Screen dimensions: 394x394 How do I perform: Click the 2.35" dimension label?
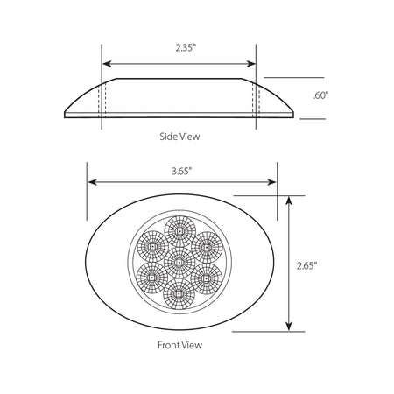[x=185, y=48]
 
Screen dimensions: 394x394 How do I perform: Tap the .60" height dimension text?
[x=320, y=95]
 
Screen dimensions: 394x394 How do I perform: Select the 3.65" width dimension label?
[x=181, y=171]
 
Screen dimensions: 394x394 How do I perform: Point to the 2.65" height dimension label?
[x=307, y=265]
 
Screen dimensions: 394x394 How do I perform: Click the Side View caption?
[x=179, y=137]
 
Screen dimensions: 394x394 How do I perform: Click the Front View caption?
[x=179, y=345]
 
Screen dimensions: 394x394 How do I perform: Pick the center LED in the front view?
[x=179, y=263]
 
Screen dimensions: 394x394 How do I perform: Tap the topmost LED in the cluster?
[x=179, y=231]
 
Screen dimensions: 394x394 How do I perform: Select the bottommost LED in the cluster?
[x=179, y=293]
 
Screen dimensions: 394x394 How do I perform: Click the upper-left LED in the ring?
[x=152, y=247]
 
